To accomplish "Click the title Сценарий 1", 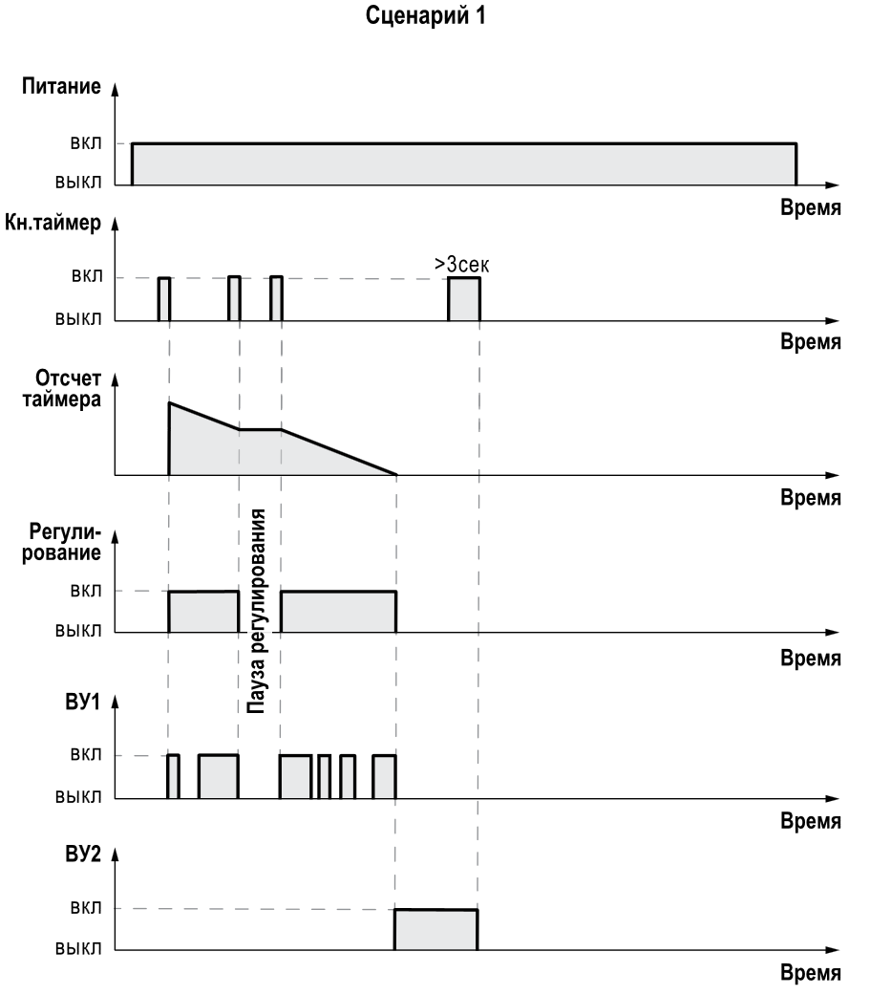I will (435, 18).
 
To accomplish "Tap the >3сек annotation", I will (462, 265).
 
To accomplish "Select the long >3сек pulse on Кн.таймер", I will (464, 299).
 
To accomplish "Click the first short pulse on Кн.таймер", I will (164, 299).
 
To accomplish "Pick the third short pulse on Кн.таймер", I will (277, 299).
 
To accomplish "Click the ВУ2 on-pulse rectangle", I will (436, 930).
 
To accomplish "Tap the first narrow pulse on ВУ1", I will (173, 776).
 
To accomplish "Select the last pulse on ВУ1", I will (384, 776).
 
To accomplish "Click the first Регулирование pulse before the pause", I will (203, 612).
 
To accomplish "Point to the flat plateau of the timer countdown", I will (261, 429).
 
